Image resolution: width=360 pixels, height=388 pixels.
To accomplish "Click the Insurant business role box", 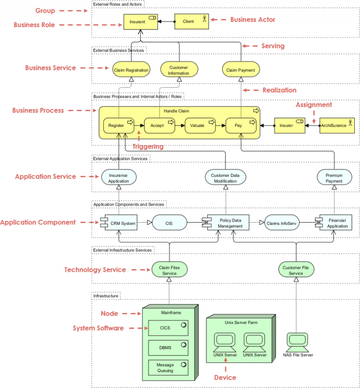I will click(x=138, y=22).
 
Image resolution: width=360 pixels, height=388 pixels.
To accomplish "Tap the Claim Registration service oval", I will click(x=131, y=70).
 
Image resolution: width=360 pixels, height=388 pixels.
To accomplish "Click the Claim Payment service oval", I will click(x=241, y=70).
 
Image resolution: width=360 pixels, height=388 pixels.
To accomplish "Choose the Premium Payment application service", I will click(x=334, y=178).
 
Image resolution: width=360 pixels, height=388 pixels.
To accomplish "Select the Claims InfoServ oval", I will click(x=282, y=223).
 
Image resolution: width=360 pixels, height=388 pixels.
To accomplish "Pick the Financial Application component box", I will click(x=334, y=223).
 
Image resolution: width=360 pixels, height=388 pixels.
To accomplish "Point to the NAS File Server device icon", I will click(x=298, y=345).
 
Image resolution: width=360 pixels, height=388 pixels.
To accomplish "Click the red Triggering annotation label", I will click(x=148, y=147).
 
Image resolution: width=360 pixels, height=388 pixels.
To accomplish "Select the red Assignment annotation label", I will click(x=314, y=105).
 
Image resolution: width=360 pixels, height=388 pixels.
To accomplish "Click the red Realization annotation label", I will click(x=279, y=90).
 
